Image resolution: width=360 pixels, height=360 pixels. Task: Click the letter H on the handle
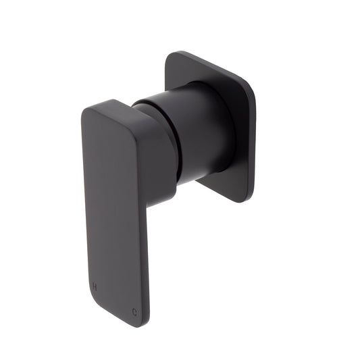point(95,286)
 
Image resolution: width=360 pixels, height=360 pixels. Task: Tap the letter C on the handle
point(135,311)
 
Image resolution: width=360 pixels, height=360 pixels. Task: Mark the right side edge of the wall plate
point(253,142)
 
